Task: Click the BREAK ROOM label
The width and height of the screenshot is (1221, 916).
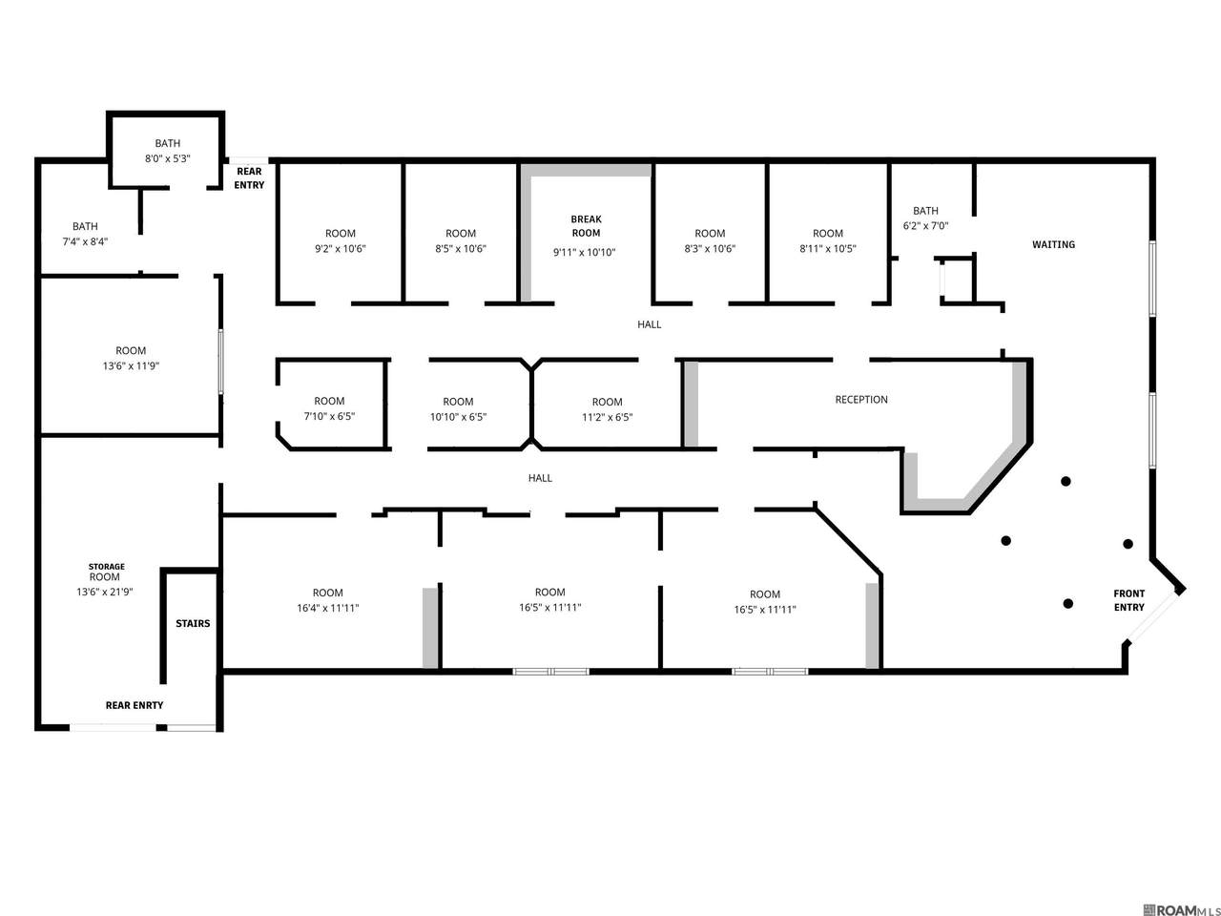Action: [586, 226]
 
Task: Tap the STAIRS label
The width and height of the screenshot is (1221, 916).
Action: [193, 623]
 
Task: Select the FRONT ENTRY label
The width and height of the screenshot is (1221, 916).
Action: [1128, 601]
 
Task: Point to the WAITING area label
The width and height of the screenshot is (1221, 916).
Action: [1053, 244]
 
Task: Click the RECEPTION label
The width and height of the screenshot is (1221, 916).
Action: [861, 400]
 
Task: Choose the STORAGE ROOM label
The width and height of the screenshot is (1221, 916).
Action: [106, 572]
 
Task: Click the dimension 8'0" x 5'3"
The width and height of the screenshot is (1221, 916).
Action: [168, 158]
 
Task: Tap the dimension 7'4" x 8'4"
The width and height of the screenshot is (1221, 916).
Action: [85, 241]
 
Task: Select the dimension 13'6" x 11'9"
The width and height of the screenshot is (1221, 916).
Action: [131, 366]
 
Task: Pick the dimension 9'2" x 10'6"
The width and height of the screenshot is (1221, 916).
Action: [340, 249]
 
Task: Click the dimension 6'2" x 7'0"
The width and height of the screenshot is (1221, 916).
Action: [925, 226]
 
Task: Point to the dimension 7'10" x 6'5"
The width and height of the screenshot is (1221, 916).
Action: [329, 416]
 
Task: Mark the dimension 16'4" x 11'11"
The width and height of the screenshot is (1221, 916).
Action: [327, 608]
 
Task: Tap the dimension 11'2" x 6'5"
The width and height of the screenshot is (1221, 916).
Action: [607, 417]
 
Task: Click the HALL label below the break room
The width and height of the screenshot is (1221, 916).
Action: [650, 324]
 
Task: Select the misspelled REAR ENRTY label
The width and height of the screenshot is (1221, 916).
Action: [135, 705]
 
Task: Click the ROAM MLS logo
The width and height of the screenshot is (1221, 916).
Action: [1182, 910]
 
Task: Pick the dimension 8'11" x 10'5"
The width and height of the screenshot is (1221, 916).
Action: [828, 249]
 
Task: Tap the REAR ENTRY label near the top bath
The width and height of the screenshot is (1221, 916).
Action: [249, 178]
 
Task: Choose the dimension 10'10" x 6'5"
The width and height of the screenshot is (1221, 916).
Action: [458, 417]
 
